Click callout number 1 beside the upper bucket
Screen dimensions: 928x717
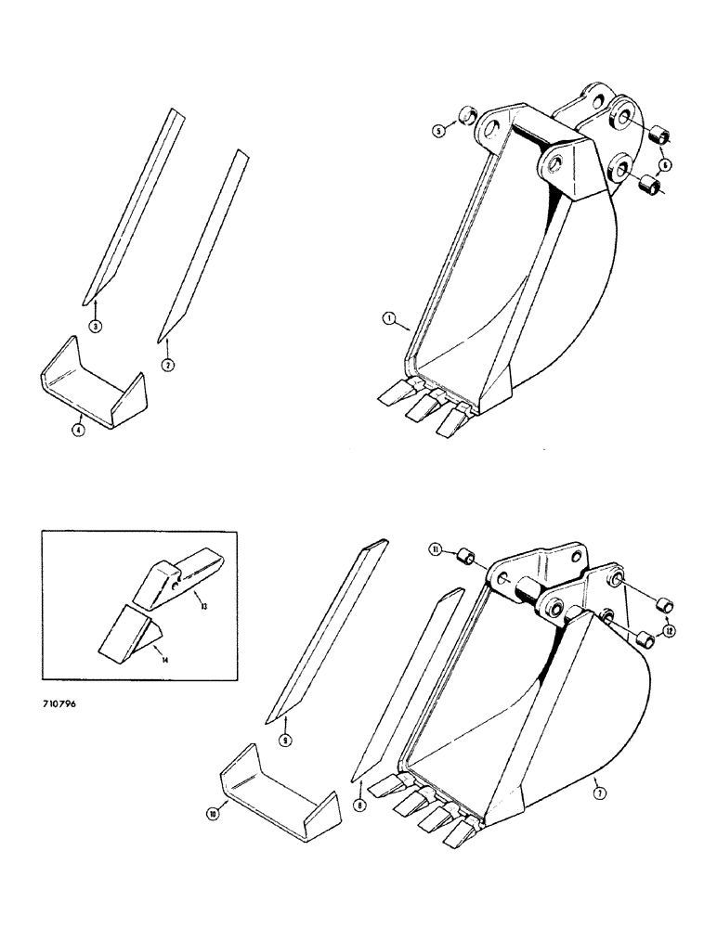click(392, 321)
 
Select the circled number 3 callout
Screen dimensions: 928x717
click(95, 325)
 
